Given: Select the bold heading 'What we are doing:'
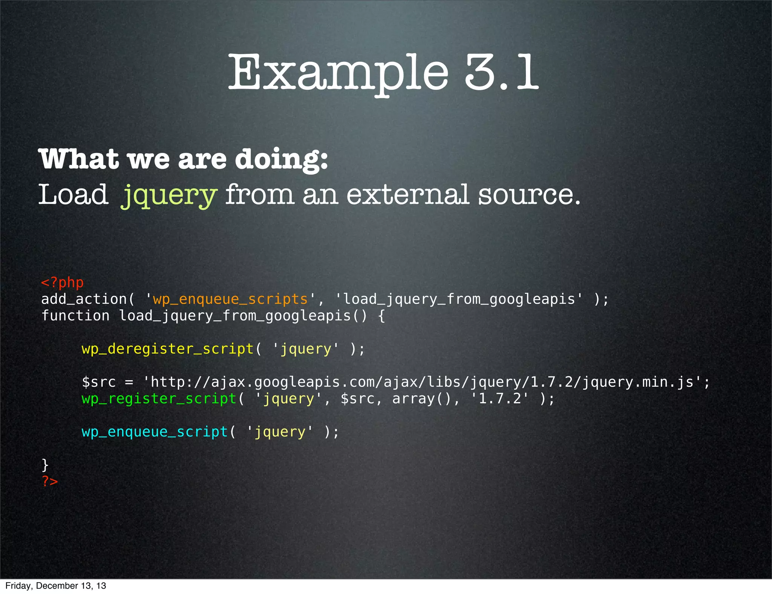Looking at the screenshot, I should (x=183, y=159).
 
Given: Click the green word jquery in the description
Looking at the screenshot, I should (x=169, y=195).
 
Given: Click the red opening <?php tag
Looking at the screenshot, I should (x=62, y=282).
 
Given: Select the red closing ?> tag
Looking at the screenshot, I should (x=50, y=481).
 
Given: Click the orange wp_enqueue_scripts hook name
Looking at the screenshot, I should (x=230, y=299).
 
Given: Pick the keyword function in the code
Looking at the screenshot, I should (x=75, y=316).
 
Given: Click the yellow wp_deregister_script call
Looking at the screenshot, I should (x=167, y=349).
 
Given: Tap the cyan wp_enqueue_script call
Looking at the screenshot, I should (x=155, y=432).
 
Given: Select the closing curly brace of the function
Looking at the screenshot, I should (x=45, y=465).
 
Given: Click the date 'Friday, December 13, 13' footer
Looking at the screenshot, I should (x=56, y=586).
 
